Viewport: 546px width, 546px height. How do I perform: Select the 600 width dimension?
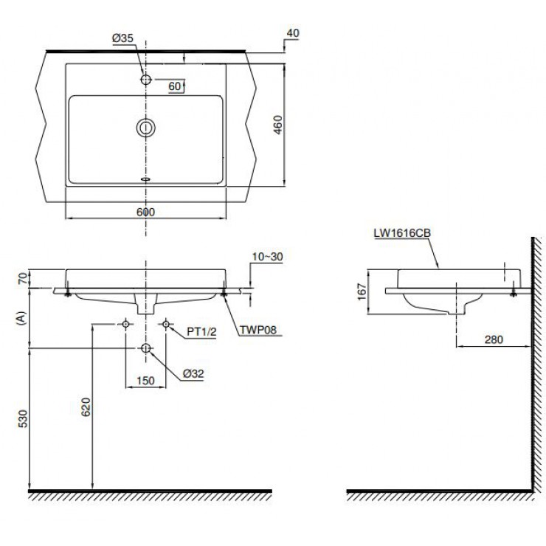point(146,211)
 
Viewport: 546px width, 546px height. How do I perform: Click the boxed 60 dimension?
point(175,87)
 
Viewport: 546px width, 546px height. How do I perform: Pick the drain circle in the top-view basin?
point(145,128)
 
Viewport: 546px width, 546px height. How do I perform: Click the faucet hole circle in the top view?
point(146,78)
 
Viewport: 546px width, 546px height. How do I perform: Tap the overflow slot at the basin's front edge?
point(145,178)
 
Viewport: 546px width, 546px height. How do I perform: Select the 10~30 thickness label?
point(267,256)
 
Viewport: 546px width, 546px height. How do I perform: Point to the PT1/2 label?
point(201,332)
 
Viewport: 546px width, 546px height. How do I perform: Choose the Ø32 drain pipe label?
point(193,373)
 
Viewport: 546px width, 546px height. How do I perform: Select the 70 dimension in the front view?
point(22,278)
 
